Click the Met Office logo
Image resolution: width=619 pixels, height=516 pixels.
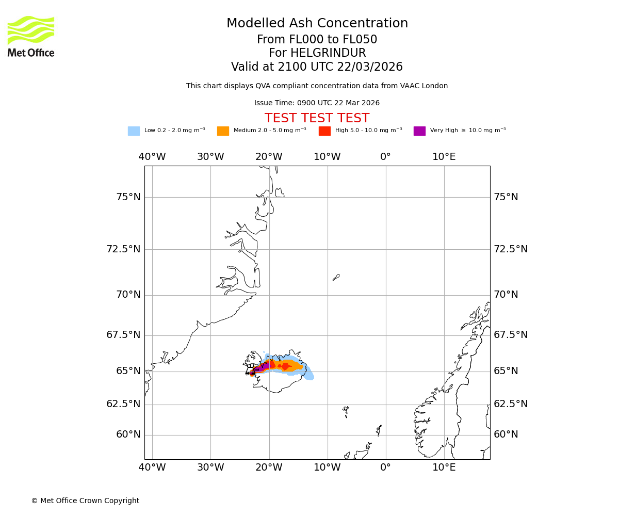[31, 36]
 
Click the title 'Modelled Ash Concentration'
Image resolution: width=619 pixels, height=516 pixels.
[317, 24]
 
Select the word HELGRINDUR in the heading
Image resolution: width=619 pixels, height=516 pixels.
[328, 53]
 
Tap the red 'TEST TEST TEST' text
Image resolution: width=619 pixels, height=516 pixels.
[317, 119]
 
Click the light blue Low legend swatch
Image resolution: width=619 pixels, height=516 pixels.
[134, 131]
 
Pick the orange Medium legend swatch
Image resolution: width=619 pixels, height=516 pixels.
[223, 131]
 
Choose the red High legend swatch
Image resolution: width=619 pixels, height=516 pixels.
[324, 131]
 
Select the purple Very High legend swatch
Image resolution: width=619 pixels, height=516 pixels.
[419, 131]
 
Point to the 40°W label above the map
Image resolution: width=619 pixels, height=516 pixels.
[152, 157]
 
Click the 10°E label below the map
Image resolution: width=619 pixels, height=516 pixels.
[444, 468]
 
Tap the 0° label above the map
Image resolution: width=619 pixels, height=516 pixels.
[385, 157]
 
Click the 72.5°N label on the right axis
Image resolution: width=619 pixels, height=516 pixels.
[511, 249]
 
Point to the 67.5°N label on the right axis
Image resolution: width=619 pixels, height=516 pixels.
[511, 335]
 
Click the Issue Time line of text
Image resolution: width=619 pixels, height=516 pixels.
[317, 103]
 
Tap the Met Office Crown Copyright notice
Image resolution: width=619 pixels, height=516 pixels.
[85, 501]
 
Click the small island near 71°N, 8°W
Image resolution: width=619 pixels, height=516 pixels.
[336, 277]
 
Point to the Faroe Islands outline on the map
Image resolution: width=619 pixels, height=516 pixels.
[346, 411]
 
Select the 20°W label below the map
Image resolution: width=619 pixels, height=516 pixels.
[269, 468]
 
